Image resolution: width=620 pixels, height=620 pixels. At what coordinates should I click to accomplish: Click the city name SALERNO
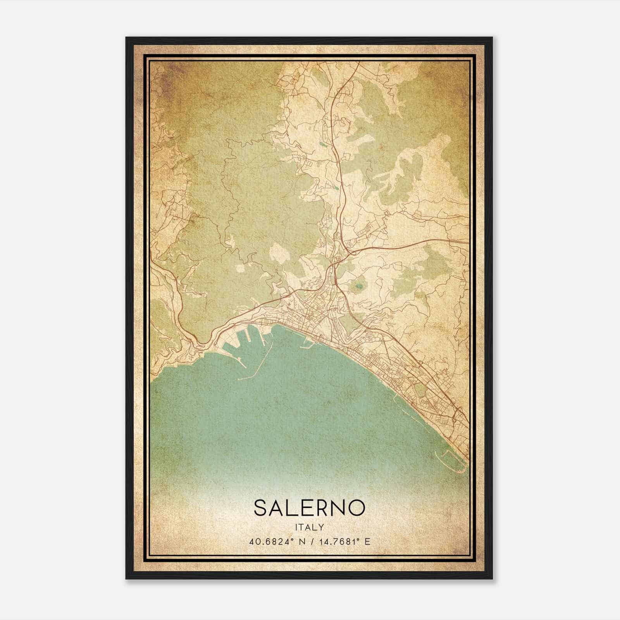click(x=309, y=508)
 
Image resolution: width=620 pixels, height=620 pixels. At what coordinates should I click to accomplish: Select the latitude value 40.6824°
click(x=273, y=541)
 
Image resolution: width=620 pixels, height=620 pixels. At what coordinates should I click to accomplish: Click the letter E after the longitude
click(x=368, y=541)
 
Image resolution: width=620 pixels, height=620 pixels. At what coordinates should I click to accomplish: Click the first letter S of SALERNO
click(x=260, y=508)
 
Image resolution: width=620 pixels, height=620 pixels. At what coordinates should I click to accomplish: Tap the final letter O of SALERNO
click(x=357, y=508)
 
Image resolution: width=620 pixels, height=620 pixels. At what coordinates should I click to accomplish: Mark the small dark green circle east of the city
click(x=359, y=287)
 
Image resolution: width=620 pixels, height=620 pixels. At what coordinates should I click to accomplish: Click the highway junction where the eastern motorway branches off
click(x=351, y=252)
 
